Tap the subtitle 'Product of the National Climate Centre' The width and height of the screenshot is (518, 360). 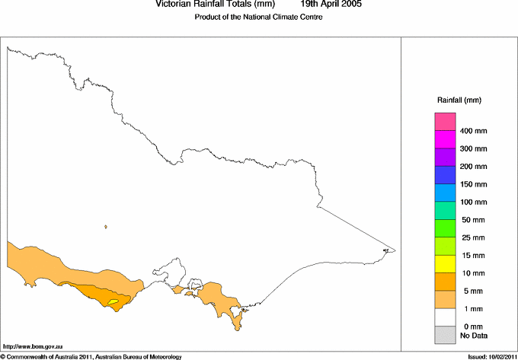coord(259,17)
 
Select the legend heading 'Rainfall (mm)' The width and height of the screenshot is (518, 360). coord(459,100)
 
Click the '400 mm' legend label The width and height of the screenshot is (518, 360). coord(474,132)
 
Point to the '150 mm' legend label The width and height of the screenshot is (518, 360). coord(474,185)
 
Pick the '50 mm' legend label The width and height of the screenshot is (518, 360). coord(472,220)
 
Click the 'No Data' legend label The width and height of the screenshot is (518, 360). coord(473,335)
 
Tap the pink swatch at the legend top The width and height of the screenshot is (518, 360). coord(445,122)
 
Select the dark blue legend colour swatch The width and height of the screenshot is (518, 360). coord(445,175)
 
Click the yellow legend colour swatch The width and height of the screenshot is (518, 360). coord(445,263)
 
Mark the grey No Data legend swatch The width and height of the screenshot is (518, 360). coord(445,334)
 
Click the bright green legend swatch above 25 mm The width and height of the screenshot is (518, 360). coord(445,228)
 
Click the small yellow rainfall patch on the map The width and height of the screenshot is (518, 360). coord(114,302)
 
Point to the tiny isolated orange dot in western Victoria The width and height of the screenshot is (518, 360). coord(106,226)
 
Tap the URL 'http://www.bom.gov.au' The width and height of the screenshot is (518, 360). coord(32,346)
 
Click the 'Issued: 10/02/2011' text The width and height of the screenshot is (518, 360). coord(489,355)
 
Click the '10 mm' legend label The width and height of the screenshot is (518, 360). coord(472,273)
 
